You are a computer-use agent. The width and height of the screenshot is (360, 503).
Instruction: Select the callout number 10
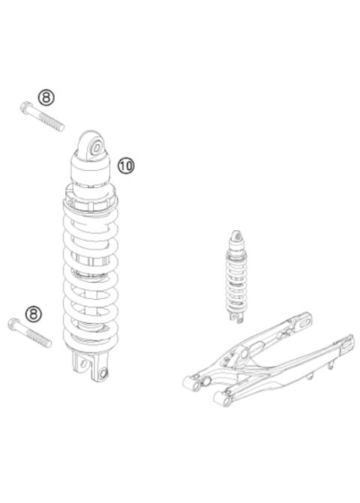pos(125,164)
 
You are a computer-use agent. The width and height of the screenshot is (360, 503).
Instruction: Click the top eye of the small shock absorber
pos(237,236)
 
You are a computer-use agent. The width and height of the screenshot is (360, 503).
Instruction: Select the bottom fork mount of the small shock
pos(238,316)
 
